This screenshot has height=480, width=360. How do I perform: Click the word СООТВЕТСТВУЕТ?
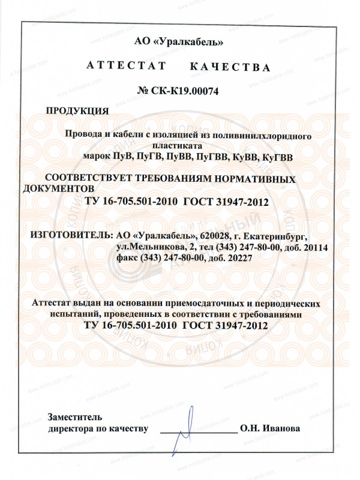tap(90, 179)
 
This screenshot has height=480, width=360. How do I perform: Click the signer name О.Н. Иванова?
tap(269, 429)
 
